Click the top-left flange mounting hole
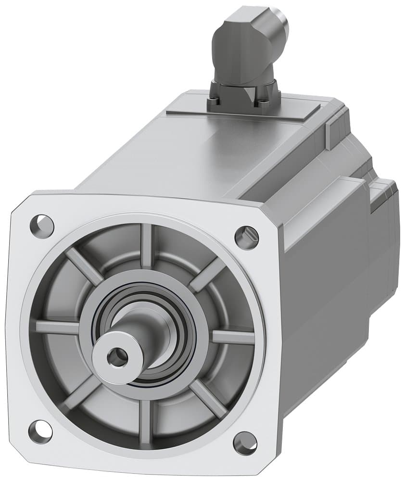point(42,224)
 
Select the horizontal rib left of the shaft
point(56,327)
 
